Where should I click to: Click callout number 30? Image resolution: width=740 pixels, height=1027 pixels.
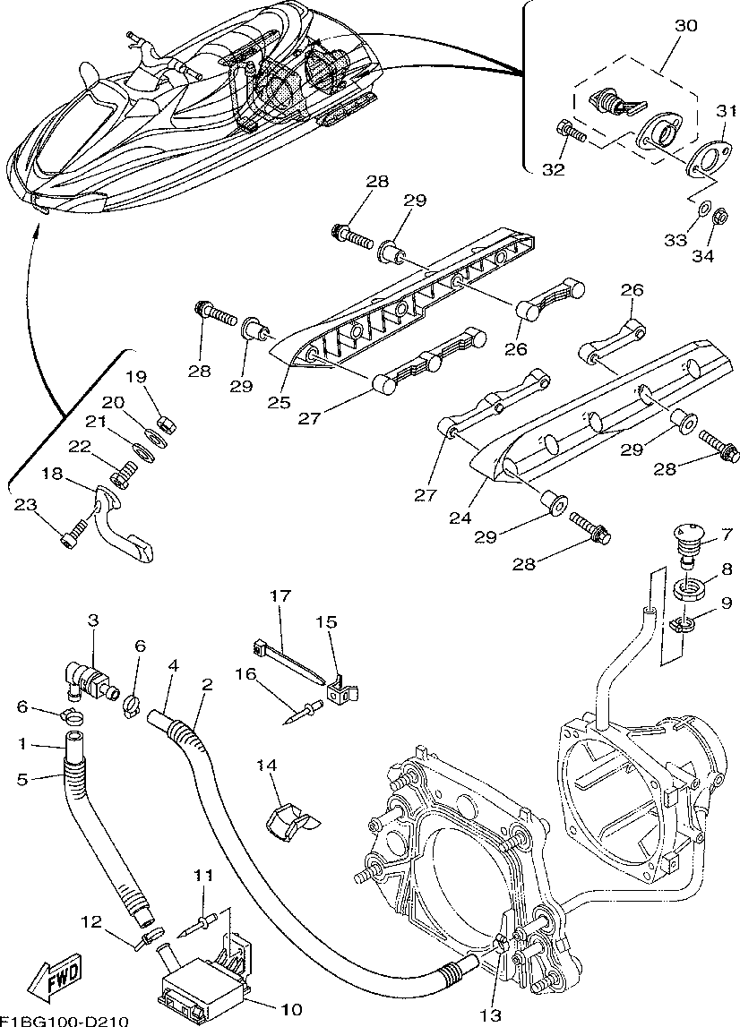[x=686, y=26]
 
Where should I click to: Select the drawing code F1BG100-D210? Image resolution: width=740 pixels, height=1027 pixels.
[x=65, y=1022]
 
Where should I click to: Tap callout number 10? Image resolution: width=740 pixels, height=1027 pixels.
[x=292, y=1009]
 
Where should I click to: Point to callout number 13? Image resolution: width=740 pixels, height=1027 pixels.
[x=490, y=1015]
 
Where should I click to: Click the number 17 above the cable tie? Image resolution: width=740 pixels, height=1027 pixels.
[x=280, y=596]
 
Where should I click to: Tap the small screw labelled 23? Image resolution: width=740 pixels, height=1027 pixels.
[x=71, y=534]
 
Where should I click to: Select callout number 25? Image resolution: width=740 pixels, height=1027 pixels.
[x=278, y=402]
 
